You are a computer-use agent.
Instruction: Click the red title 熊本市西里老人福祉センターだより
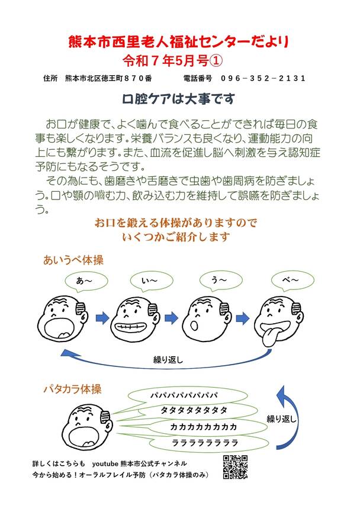point(179,42)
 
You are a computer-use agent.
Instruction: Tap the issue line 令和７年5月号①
point(173,61)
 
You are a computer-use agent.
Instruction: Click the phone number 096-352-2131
point(263,78)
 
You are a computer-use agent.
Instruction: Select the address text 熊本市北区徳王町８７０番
point(108,78)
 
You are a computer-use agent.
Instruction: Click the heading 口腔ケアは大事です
point(178,99)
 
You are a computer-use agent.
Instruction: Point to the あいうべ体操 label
point(73,260)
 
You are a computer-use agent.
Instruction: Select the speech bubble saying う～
point(220,281)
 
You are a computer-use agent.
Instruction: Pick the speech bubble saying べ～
point(292,281)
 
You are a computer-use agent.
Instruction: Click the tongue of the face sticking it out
point(268,338)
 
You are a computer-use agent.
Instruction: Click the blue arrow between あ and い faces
point(102,318)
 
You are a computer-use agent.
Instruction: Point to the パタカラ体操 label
point(73,389)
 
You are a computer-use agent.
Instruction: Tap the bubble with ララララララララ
point(204,443)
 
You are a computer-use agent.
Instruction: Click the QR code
point(235,467)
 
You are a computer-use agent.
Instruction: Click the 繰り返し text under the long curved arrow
point(168,360)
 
